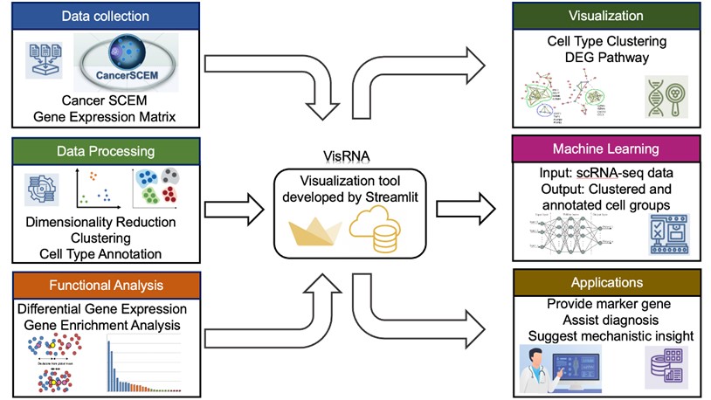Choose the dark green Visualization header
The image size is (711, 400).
[606, 16]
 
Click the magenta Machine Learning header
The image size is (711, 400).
[606, 149]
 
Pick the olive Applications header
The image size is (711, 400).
[606, 283]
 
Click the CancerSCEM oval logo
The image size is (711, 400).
[127, 61]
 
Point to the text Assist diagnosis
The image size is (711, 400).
[606, 319]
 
